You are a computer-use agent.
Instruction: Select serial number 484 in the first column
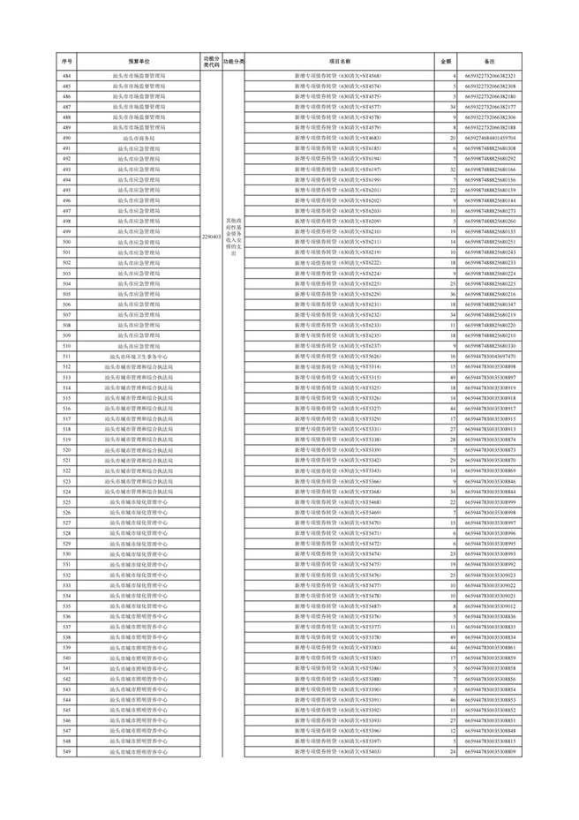67,78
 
